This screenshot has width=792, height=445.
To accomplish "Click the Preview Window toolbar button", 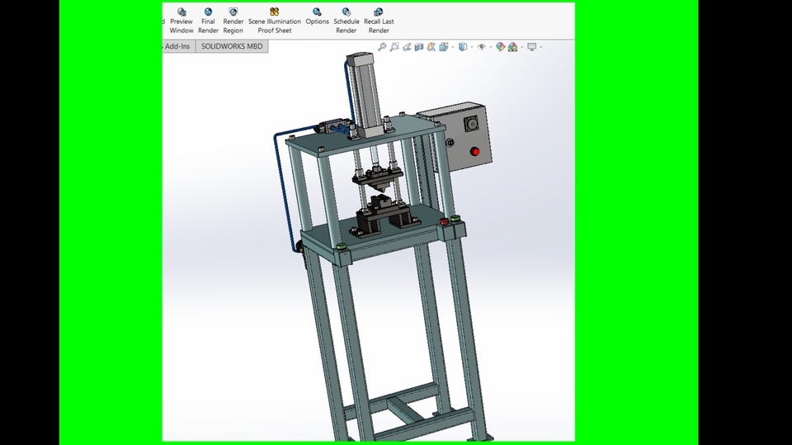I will tap(181, 21).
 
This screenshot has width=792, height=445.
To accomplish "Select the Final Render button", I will tap(208, 21).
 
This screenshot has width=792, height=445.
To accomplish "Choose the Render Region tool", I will tap(233, 21).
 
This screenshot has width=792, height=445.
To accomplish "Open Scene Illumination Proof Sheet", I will tap(275, 21).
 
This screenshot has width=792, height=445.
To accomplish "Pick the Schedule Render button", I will tap(346, 21).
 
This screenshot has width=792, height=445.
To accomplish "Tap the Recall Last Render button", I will tap(379, 21).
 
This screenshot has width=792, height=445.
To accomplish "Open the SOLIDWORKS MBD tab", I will tap(232, 46).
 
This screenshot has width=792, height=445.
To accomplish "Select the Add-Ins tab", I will tap(177, 46).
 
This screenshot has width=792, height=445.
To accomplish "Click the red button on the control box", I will tap(475, 151).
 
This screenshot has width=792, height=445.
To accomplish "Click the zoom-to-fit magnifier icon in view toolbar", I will tap(382, 47).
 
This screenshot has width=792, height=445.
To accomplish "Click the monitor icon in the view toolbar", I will tap(532, 47).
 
